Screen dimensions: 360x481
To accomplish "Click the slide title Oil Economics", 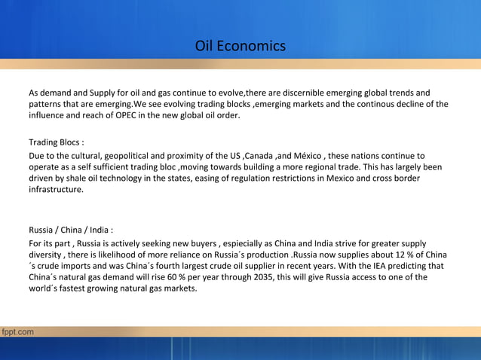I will point(240,46).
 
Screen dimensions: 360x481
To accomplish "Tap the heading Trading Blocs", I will point(56,142).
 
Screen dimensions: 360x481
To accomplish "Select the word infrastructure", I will point(56,191).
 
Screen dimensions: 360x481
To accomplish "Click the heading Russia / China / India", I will point(71,230).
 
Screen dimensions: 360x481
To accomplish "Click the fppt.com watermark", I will point(17,331).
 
